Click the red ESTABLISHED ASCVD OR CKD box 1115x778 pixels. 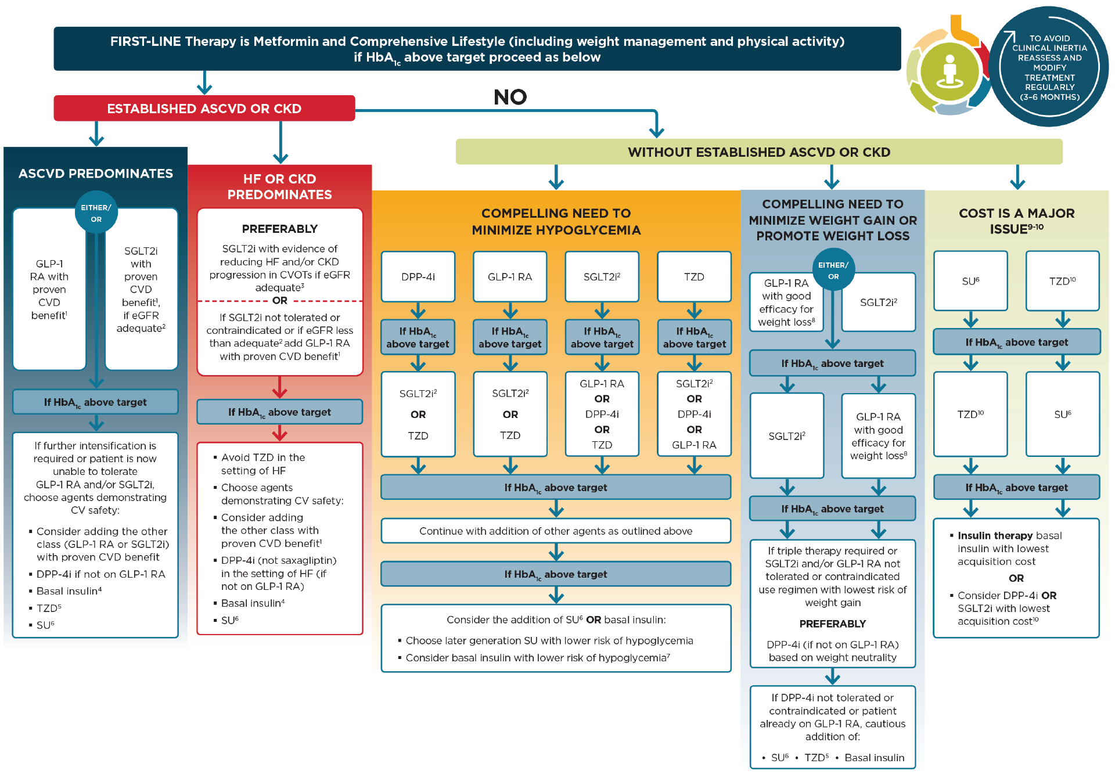click(x=204, y=109)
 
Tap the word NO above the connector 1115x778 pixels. click(x=510, y=97)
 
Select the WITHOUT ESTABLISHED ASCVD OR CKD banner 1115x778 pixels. click(x=758, y=152)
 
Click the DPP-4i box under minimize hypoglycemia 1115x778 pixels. click(x=418, y=277)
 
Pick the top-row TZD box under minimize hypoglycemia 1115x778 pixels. click(x=694, y=277)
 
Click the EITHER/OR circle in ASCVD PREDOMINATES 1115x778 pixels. click(x=96, y=213)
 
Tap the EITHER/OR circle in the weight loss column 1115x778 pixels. click(x=833, y=271)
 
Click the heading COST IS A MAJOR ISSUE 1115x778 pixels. click(x=1016, y=221)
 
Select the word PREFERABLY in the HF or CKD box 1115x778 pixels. click(x=279, y=229)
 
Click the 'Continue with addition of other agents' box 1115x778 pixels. click(x=556, y=531)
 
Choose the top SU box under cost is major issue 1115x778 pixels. click(x=970, y=281)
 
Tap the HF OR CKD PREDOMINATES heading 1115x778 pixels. click(x=279, y=186)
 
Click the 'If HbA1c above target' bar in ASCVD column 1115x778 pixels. click(x=95, y=402)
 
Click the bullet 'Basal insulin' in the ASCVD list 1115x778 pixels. click(x=69, y=591)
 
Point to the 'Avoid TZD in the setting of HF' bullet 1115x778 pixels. click(x=262, y=464)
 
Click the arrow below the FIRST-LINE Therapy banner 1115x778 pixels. click(x=204, y=83)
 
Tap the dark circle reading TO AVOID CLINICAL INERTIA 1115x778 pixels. click(x=1049, y=67)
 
